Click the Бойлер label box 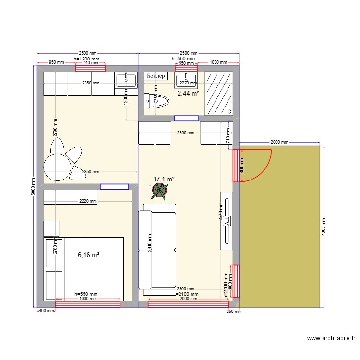click(156, 76)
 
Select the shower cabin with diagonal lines click(219, 94)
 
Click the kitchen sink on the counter click(126, 80)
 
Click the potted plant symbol click(159, 192)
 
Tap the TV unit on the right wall click(227, 221)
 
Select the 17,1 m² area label click(164, 179)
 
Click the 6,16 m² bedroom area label click(88, 255)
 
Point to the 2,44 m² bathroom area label click(188, 94)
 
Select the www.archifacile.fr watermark click(332, 338)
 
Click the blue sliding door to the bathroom click(187, 118)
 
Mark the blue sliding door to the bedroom click(114, 186)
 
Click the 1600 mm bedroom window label click(88, 299)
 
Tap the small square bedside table click(51, 228)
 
